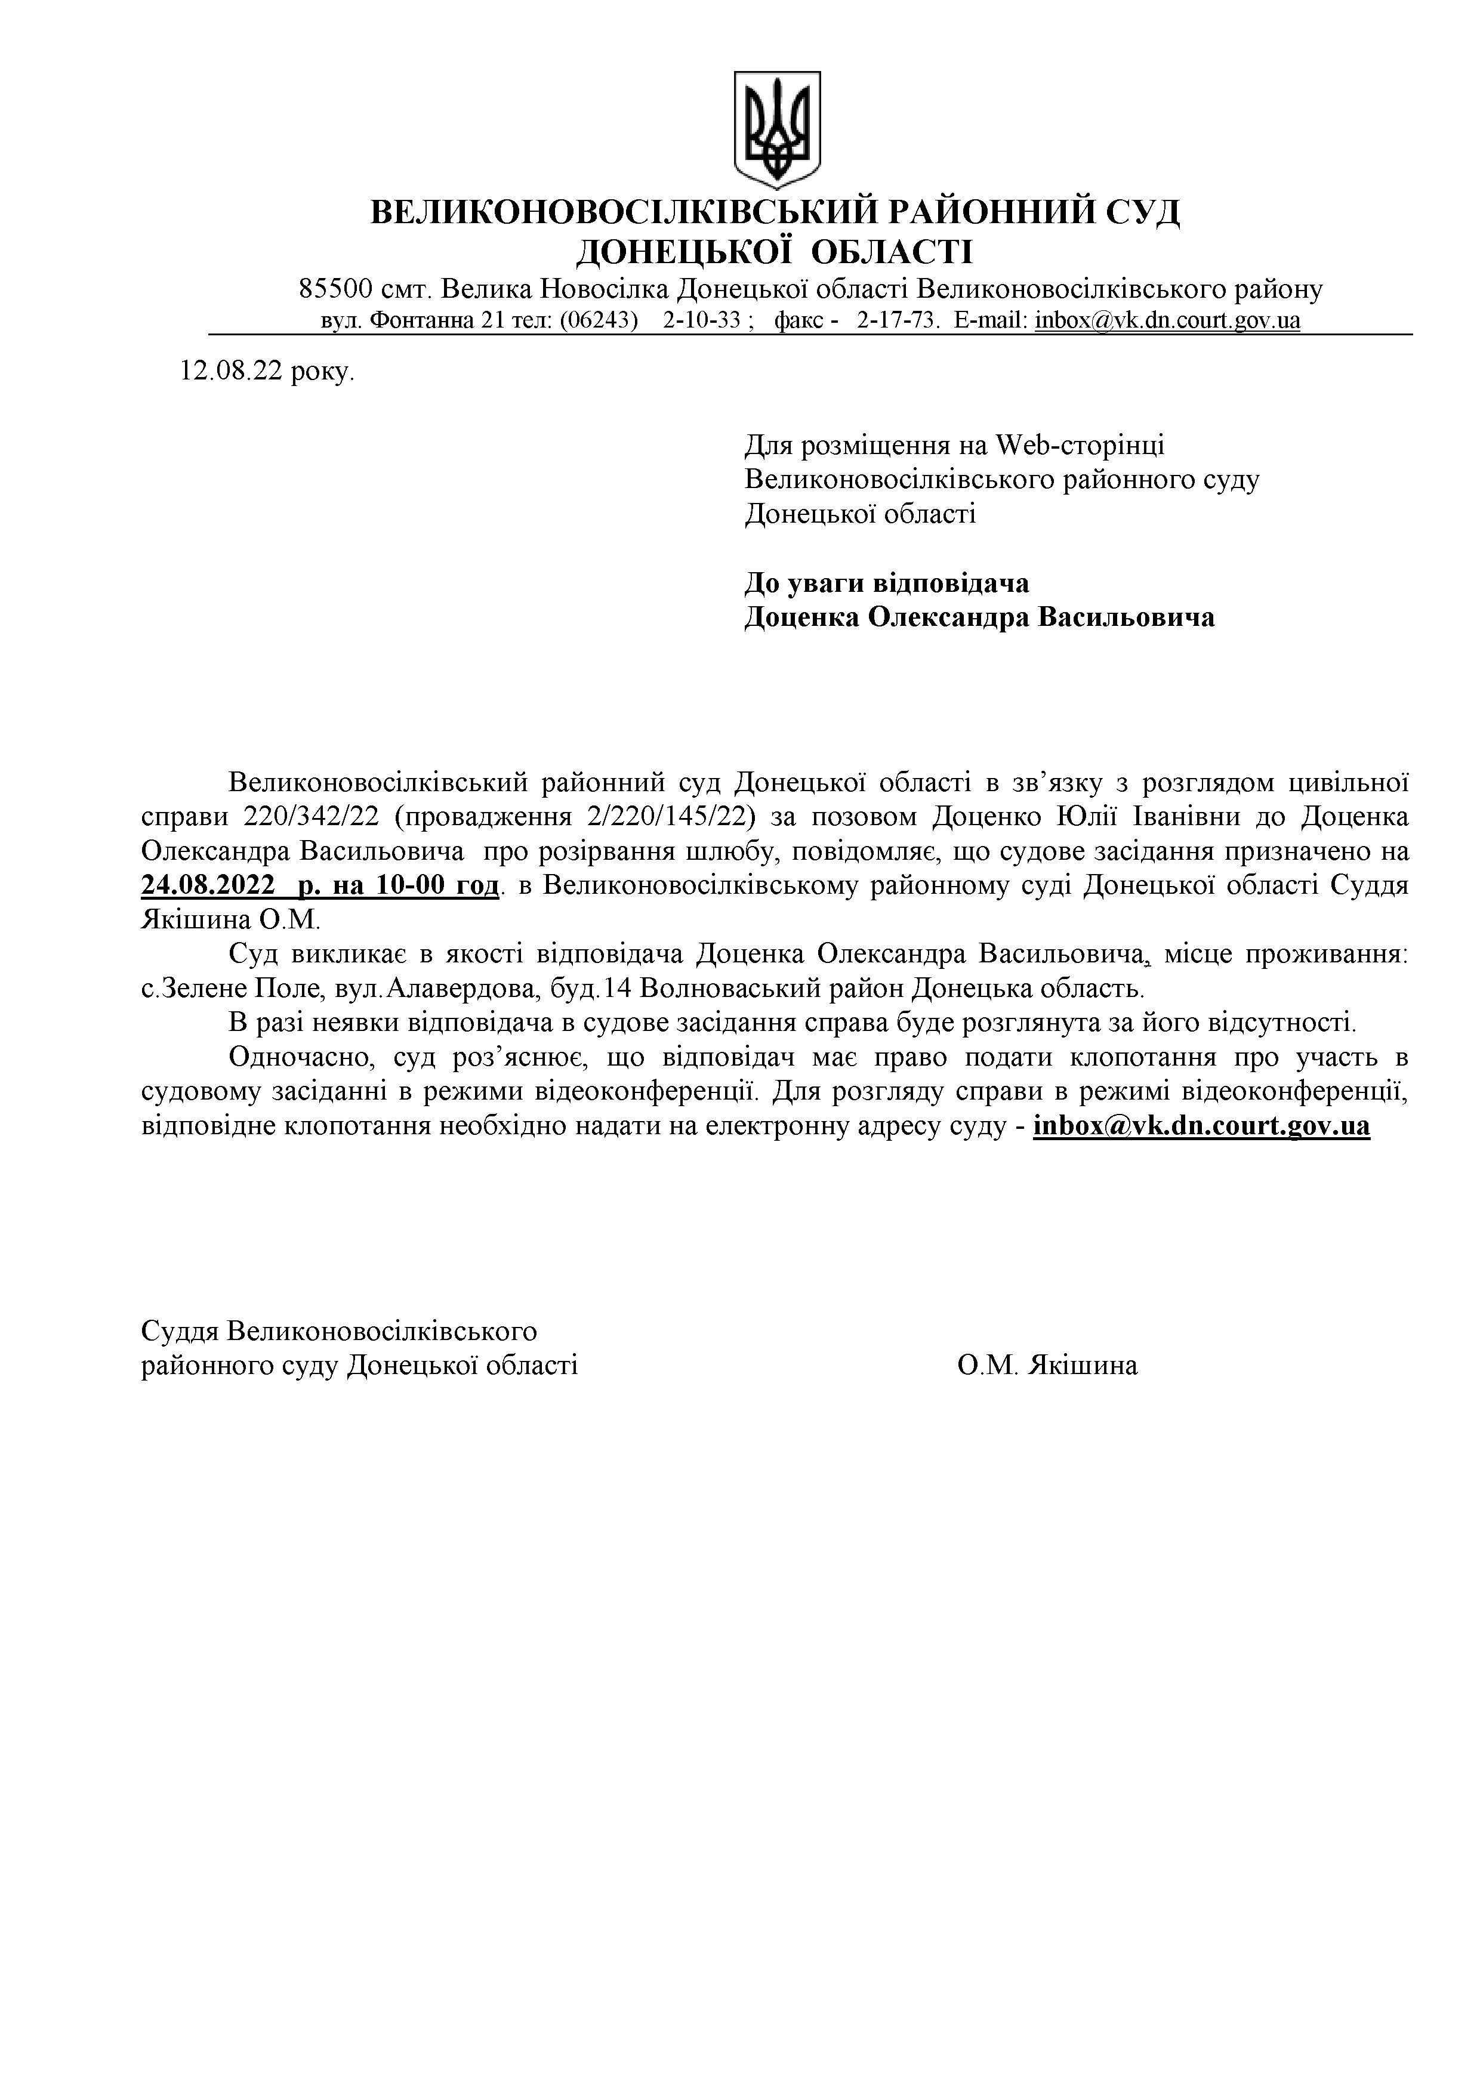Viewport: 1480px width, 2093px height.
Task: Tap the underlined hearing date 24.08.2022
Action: [209, 885]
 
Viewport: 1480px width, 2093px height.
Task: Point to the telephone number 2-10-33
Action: [701, 321]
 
